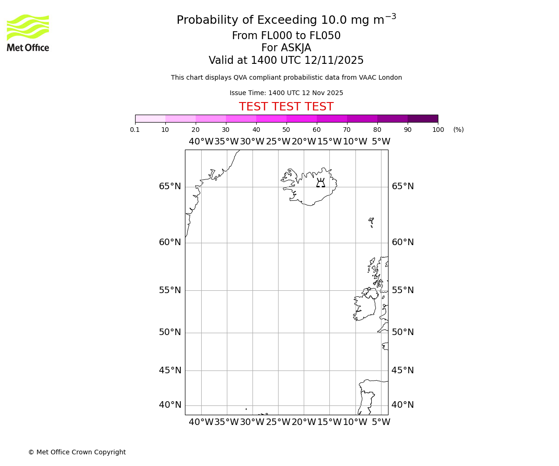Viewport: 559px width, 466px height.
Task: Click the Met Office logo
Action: (28, 33)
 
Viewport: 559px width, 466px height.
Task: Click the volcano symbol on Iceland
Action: (320, 183)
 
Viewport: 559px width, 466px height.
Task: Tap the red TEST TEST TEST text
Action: (286, 107)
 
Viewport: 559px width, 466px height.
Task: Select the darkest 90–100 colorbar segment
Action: (423, 118)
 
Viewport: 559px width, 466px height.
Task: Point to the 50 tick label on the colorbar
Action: (286, 130)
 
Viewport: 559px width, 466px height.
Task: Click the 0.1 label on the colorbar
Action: (135, 130)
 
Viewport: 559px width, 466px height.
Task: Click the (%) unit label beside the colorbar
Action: (458, 130)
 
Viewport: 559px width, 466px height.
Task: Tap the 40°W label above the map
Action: (201, 141)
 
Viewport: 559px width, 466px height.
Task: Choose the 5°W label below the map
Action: (381, 422)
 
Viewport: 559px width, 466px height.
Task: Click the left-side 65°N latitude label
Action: (170, 186)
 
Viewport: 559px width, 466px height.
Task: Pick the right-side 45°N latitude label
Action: (402, 370)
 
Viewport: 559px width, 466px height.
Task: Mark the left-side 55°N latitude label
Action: (170, 290)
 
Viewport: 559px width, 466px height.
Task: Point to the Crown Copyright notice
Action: (77, 452)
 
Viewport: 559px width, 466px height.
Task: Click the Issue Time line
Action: (286, 93)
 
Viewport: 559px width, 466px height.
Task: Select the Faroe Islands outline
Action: (371, 222)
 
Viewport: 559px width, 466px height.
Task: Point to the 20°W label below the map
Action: (304, 422)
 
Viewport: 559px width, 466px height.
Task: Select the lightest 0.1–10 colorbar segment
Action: (150, 118)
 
